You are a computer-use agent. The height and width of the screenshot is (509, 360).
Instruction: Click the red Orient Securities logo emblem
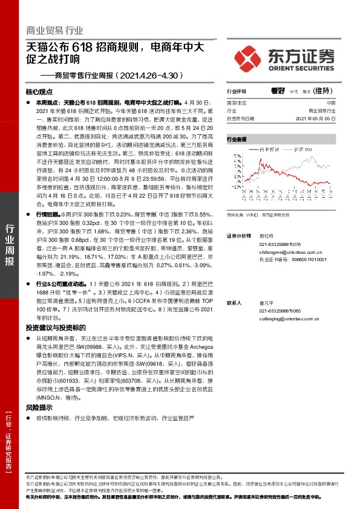tap(249, 59)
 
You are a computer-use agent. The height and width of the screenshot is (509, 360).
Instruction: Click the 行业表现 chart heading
tap(237, 139)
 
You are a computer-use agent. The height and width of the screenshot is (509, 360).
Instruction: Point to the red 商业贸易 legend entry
tap(261, 148)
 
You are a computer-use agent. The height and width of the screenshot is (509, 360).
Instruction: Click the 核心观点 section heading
tap(40, 92)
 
